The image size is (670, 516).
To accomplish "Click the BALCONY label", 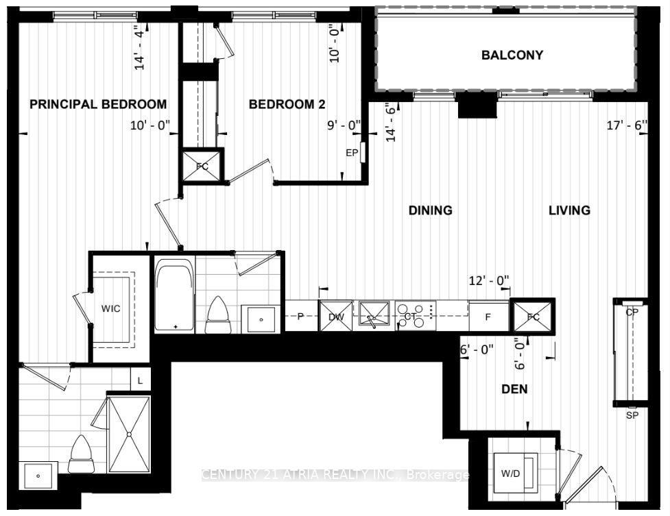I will click(512, 55).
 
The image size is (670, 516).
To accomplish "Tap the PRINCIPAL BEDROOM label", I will click(98, 104).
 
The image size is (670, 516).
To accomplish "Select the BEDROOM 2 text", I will click(287, 104).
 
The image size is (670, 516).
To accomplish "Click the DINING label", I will click(430, 210).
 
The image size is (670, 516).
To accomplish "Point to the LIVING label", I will click(569, 210).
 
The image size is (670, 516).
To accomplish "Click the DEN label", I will click(514, 389).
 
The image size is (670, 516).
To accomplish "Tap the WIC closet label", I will click(110, 309).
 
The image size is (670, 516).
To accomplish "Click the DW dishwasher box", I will click(335, 316).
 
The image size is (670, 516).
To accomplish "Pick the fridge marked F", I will click(488, 317).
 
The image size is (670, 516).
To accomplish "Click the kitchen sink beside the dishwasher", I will click(374, 316).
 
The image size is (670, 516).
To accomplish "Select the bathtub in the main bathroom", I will click(174, 295).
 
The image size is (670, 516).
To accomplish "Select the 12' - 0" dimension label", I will click(489, 280).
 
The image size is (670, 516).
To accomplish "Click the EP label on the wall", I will click(352, 153).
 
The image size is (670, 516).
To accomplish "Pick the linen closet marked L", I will click(140, 378).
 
